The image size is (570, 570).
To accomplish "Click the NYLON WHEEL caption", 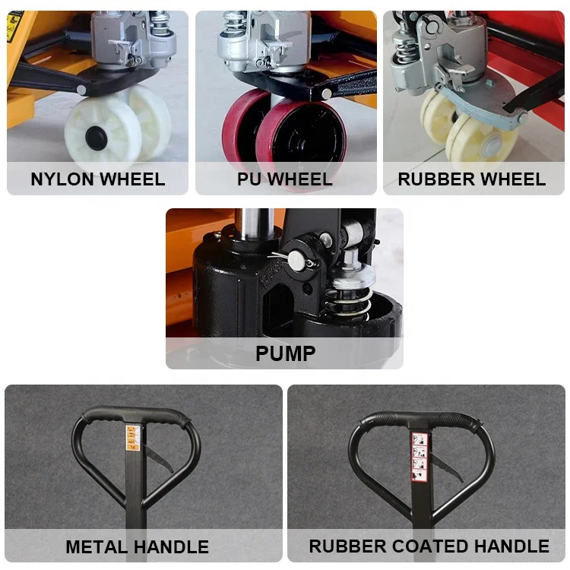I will pos(97,179).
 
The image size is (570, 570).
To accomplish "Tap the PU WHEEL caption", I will pos(285,179).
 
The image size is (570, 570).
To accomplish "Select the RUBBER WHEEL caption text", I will pos(472,179).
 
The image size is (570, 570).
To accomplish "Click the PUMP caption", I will pos(285,353).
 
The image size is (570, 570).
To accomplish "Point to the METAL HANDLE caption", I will pos(138,546).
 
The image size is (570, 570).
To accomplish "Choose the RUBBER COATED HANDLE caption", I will pos(429,546).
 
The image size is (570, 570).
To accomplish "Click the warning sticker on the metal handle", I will pos(133,439).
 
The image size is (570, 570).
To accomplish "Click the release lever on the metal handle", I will pos(156,461).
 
